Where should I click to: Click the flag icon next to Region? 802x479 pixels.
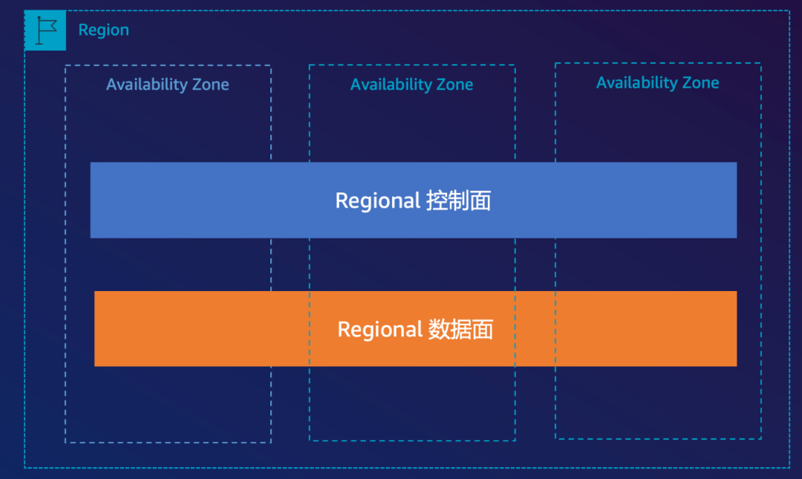pos(45,30)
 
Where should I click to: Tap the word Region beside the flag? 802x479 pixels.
pos(103,30)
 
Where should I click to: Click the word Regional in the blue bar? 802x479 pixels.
pos(378,201)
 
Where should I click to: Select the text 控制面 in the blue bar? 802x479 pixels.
pos(458,201)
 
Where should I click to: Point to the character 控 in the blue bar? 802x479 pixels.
pos(437,201)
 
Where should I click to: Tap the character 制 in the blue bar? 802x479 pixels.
pos(458,201)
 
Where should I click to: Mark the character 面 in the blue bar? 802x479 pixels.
pos(480,201)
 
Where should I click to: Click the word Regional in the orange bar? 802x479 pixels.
pos(380,330)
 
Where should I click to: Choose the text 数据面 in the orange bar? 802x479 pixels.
pos(460,329)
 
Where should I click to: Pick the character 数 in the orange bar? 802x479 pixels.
pos(439,329)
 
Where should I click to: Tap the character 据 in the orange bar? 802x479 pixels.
pos(460,329)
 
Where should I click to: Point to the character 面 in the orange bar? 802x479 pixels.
pos(483,329)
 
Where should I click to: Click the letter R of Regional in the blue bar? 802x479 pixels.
pos(342,201)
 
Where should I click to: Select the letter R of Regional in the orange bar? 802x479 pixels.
pos(344,329)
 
